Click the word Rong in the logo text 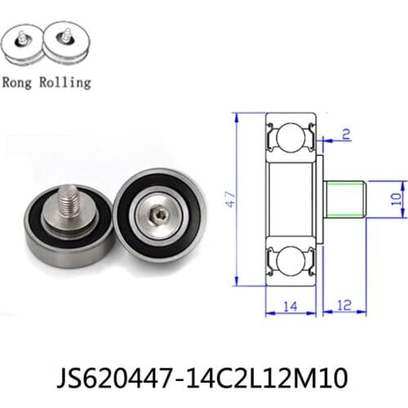(19, 82)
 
